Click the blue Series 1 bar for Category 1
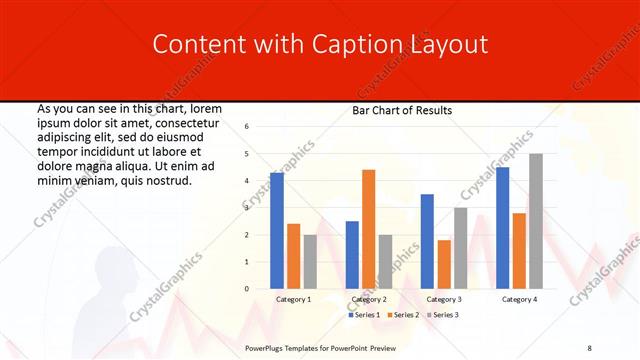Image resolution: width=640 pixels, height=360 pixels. [x=277, y=231]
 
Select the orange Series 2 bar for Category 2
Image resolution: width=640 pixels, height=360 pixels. [x=368, y=229]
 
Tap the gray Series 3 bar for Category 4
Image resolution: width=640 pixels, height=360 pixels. [x=536, y=221]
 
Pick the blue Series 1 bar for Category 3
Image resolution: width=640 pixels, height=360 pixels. [x=427, y=241]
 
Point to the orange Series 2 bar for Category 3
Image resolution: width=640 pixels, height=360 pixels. [x=444, y=264]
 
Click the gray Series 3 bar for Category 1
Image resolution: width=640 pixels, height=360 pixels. [x=310, y=262]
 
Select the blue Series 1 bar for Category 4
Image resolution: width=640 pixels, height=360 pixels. [x=502, y=228]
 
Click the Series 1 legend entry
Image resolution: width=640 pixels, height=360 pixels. [x=364, y=315]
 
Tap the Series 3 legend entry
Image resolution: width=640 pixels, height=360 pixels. [x=443, y=315]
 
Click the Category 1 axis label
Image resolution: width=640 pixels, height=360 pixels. [x=293, y=299]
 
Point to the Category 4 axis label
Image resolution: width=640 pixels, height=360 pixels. [x=519, y=299]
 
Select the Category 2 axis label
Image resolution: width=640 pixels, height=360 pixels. [x=368, y=299]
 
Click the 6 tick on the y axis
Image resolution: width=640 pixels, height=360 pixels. [x=247, y=126]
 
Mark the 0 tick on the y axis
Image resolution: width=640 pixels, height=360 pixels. [x=247, y=289]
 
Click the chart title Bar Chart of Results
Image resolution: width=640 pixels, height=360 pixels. [x=402, y=110]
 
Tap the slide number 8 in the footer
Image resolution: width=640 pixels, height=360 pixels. [x=590, y=347]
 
